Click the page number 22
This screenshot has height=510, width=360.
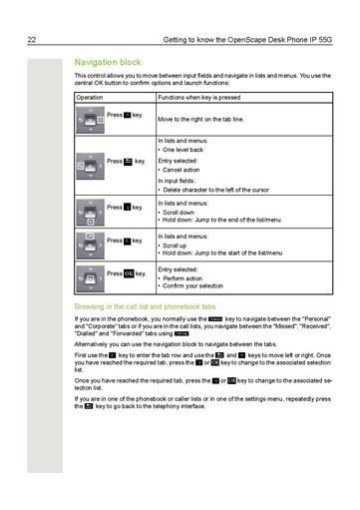tap(32, 40)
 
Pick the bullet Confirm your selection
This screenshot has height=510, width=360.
tap(194, 286)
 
